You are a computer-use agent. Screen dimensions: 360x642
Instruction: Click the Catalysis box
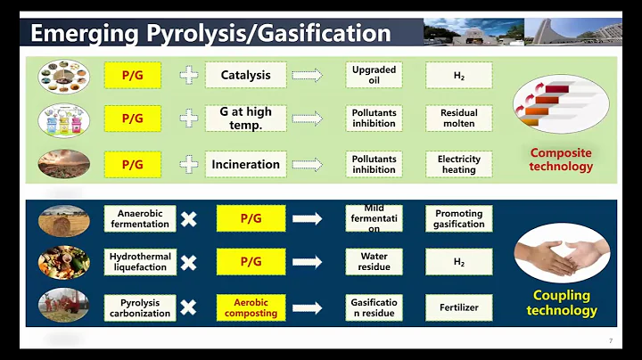pyautogui.click(x=245, y=76)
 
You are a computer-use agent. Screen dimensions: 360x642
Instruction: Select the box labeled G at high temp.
pyautogui.click(x=245, y=119)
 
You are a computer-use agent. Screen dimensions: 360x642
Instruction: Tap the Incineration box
pyautogui.click(x=245, y=164)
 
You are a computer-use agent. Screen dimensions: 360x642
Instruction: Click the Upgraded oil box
pyautogui.click(x=374, y=75)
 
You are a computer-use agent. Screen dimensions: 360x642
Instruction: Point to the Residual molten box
pyautogui.click(x=459, y=119)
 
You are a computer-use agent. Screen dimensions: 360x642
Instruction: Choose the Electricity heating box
pyautogui.click(x=459, y=164)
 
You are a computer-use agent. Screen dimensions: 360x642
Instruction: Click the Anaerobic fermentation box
pyautogui.click(x=143, y=219)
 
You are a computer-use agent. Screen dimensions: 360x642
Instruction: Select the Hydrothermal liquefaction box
pyautogui.click(x=140, y=262)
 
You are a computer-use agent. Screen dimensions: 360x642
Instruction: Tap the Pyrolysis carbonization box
pyautogui.click(x=140, y=307)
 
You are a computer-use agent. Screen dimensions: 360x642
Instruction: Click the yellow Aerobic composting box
pyautogui.click(x=251, y=307)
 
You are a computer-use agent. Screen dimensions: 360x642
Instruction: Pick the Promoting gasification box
pyautogui.click(x=459, y=219)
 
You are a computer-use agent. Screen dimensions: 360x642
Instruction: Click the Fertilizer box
pyautogui.click(x=459, y=307)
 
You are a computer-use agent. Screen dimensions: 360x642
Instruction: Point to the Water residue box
pyautogui.click(x=374, y=262)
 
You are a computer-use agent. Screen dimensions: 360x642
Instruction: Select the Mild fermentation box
pyautogui.click(x=374, y=219)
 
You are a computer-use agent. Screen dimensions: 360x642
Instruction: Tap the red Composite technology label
pyautogui.click(x=561, y=160)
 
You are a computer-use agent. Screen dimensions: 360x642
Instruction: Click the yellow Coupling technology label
pyautogui.click(x=561, y=303)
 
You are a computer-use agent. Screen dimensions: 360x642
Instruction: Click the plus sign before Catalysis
pyautogui.click(x=189, y=76)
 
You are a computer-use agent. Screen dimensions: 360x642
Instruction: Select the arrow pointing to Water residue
pyautogui.click(x=307, y=262)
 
